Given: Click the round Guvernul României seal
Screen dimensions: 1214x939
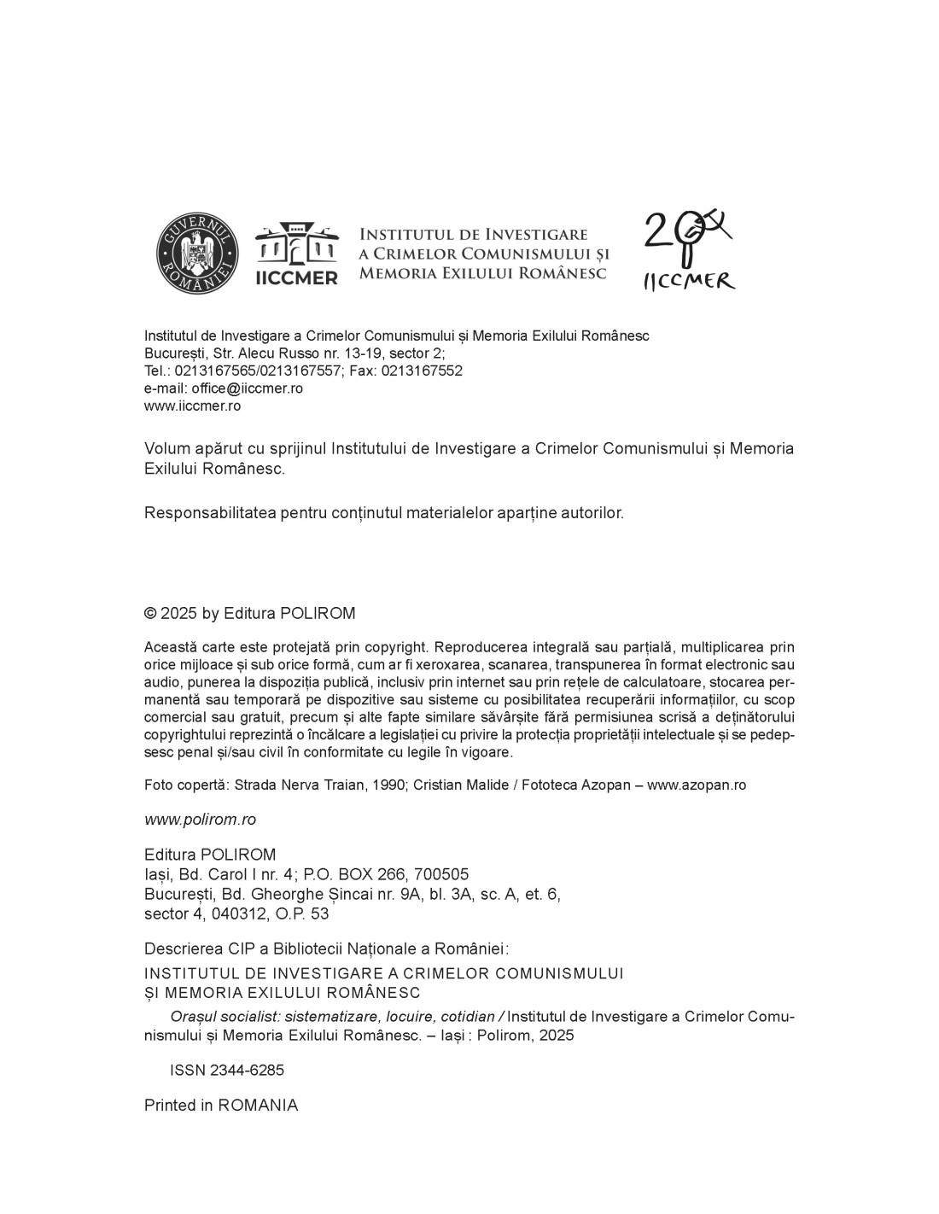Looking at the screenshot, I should [x=197, y=253].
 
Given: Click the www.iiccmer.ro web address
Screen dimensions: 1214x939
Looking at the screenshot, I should [x=192, y=406].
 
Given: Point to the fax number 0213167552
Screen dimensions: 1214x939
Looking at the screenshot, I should [x=422, y=371].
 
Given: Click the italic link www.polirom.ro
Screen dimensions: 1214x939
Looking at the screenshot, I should [x=200, y=820].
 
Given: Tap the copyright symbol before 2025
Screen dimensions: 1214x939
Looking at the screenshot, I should [x=150, y=614].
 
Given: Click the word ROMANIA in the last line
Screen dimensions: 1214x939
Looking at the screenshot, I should [x=258, y=1106].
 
